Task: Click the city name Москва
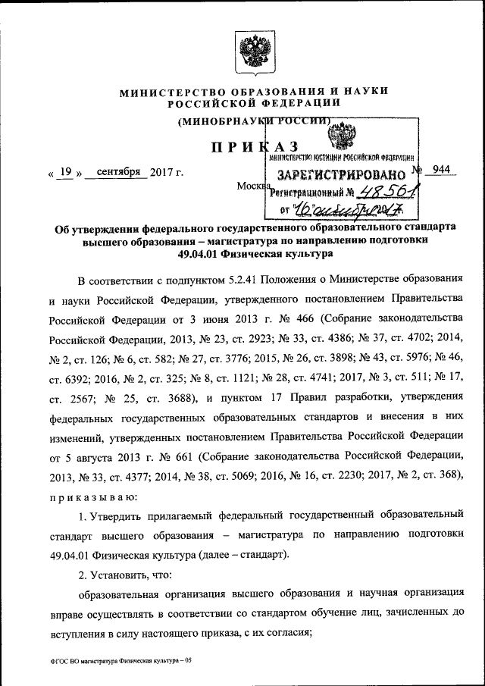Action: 252,186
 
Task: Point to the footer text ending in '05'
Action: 121,662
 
